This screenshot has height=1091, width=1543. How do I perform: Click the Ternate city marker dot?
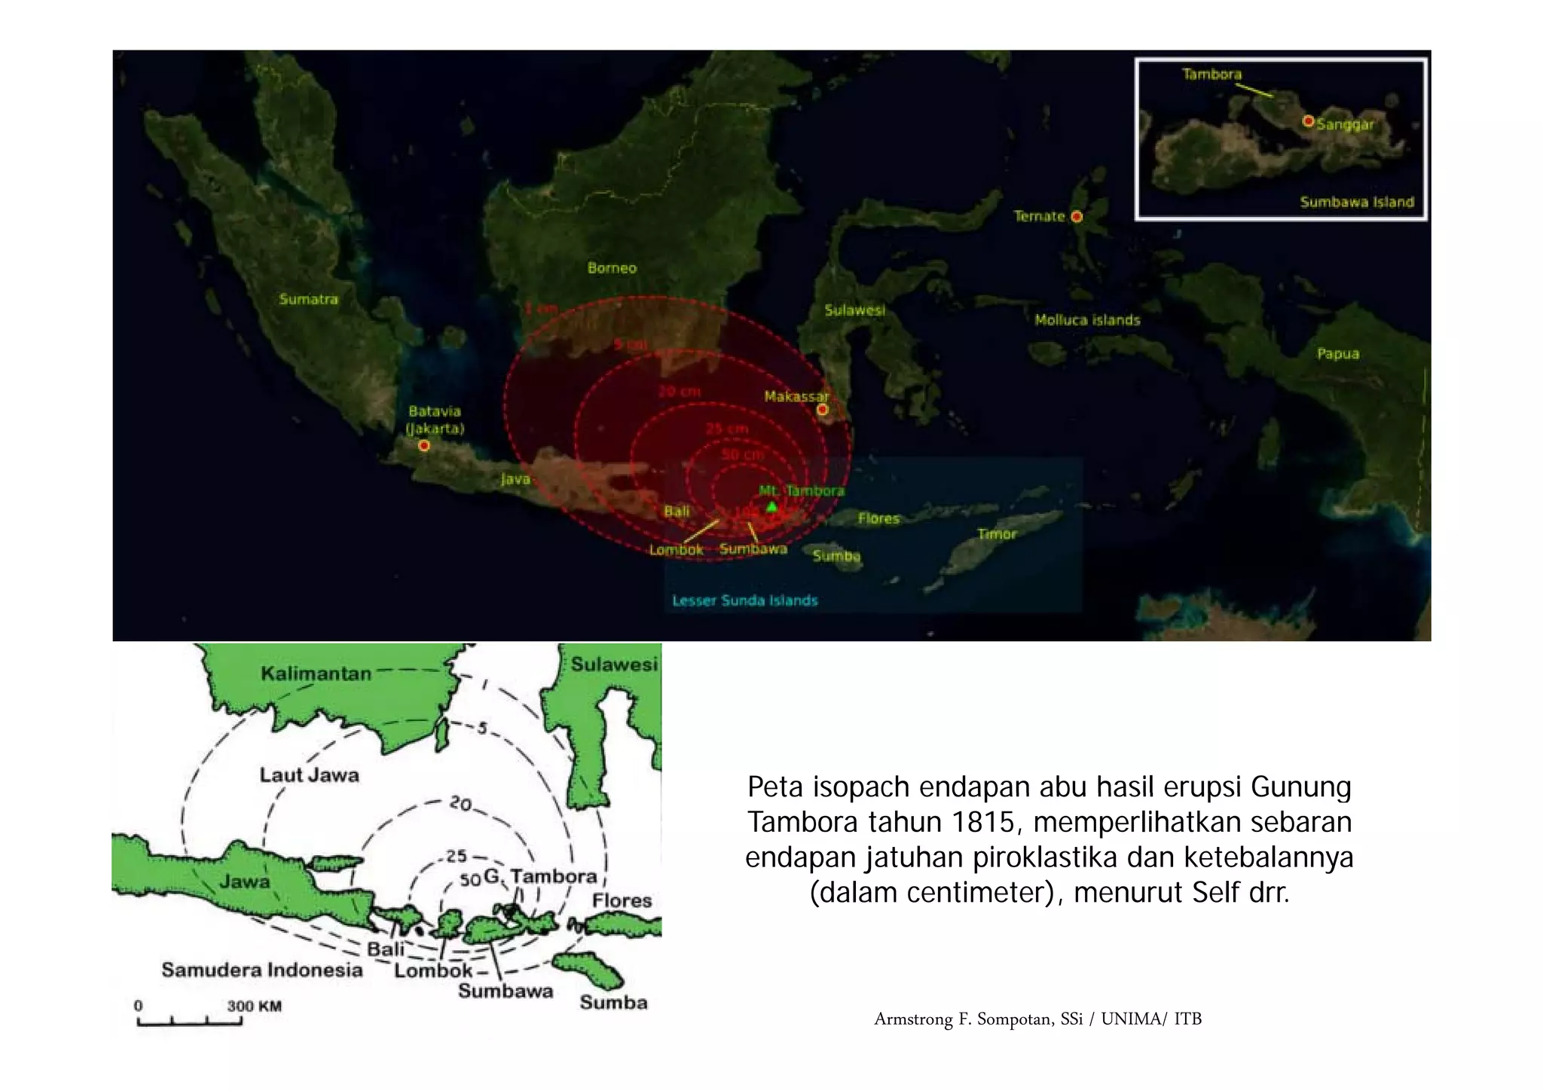click(1077, 217)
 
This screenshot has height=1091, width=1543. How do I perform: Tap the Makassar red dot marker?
click(823, 409)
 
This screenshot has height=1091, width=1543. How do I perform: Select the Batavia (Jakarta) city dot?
click(424, 446)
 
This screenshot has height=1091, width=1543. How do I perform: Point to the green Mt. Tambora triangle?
click(771, 506)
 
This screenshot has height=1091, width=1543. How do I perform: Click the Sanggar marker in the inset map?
click(1309, 121)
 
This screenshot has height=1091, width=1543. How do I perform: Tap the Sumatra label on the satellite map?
click(308, 299)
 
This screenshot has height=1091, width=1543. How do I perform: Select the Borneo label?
click(612, 268)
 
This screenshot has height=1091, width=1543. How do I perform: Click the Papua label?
click(1337, 353)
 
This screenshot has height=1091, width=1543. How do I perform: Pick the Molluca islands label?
click(1086, 320)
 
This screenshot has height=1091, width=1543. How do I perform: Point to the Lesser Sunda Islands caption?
click(744, 601)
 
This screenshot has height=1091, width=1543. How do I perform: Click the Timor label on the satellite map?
click(997, 534)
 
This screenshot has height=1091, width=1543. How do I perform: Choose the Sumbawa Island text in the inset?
click(1356, 202)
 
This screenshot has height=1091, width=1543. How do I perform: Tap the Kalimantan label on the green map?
click(316, 674)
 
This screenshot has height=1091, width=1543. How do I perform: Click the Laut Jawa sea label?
click(309, 775)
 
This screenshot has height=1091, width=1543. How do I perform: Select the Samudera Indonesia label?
click(261, 970)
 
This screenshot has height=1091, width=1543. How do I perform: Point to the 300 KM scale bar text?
click(254, 1006)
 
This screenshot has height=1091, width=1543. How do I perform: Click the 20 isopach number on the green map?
click(460, 804)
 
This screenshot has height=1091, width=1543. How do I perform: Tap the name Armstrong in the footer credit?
click(913, 1019)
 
